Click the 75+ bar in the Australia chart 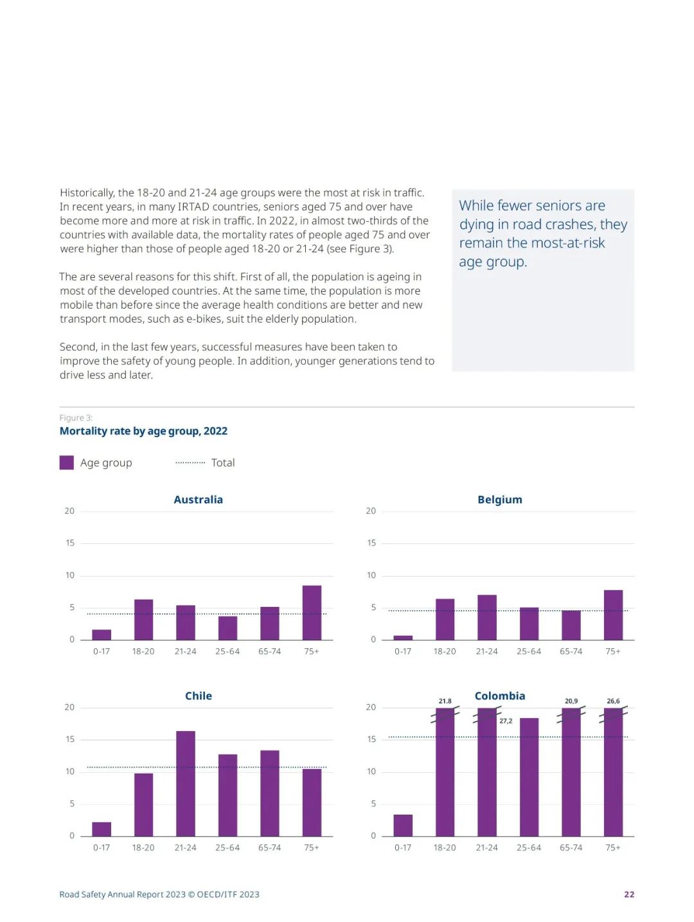pos(312,613)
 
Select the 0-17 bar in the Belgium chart pos(403,637)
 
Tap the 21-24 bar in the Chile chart pos(186,783)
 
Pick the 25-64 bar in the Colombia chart pos(529,777)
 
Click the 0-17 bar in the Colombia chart pos(403,825)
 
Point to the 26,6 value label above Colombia pos(613,701)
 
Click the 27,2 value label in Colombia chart pos(506,721)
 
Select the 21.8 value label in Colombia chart pos(445,701)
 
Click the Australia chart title pos(198,500)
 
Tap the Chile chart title pos(198,696)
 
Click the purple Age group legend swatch pos(66,462)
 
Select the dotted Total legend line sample pos(190,462)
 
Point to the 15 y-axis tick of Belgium pos(371,543)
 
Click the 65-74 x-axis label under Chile pos(269,847)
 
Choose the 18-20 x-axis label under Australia pos(143,651)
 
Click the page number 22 pos(629,894)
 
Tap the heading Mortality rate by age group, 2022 pos(143,431)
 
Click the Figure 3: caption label pos(76,418)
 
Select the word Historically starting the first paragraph pos(87,193)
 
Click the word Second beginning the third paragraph pos(77,347)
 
